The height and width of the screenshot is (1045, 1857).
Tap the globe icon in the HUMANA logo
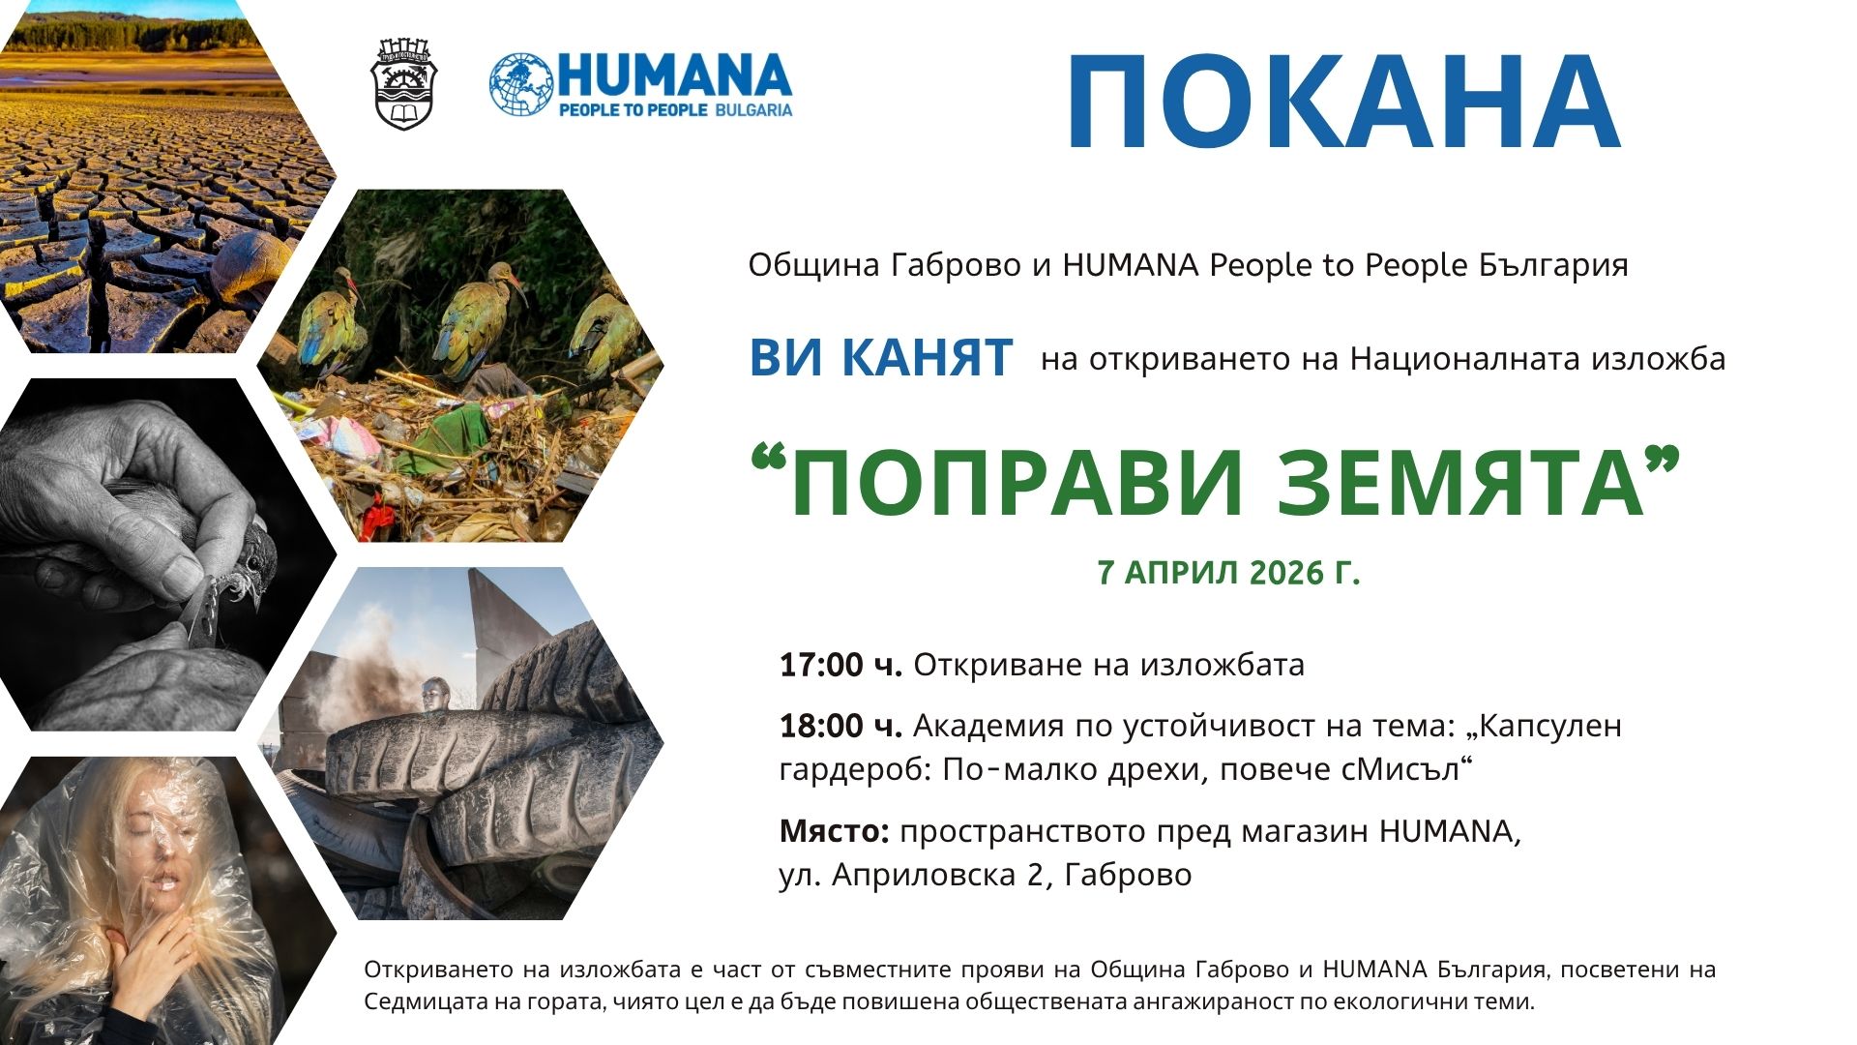click(x=521, y=85)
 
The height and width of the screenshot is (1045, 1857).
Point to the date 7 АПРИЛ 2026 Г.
click(x=1228, y=573)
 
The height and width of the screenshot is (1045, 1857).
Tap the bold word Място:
click(x=834, y=831)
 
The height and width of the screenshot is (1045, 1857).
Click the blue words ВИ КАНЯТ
click(x=881, y=357)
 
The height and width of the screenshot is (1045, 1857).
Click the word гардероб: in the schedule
click(x=855, y=770)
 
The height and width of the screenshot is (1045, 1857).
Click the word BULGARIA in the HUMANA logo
click(x=753, y=110)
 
